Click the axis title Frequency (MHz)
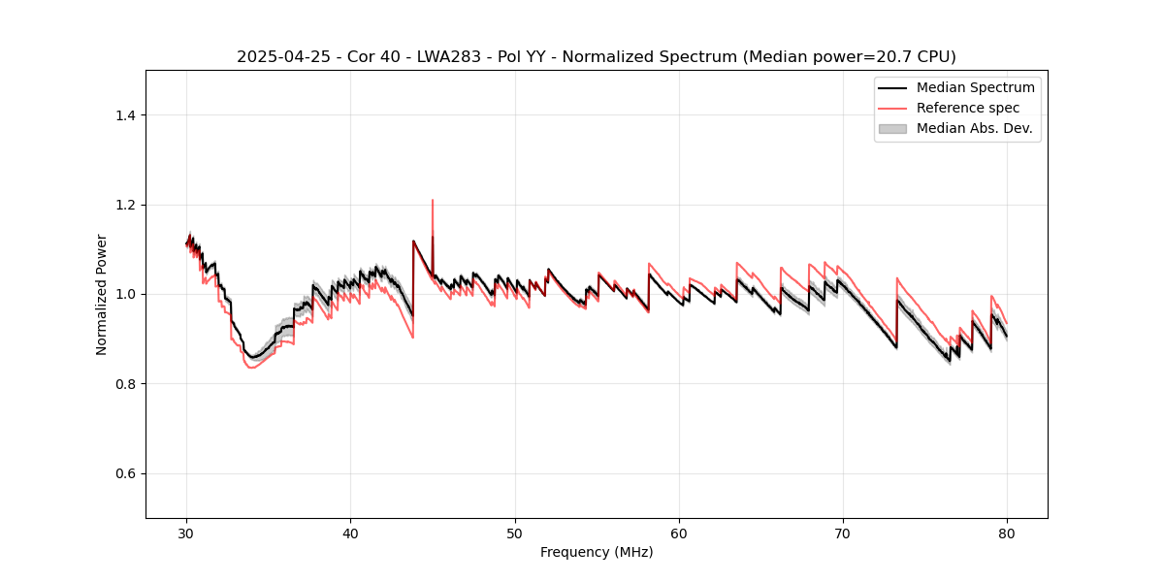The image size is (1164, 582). click(597, 552)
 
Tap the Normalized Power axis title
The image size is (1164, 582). click(102, 294)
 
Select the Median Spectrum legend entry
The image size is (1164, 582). click(975, 87)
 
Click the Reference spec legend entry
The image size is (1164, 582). click(967, 108)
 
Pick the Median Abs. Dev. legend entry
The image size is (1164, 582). click(974, 128)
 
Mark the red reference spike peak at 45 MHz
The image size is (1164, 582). click(433, 201)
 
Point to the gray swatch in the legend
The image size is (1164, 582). click(892, 128)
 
